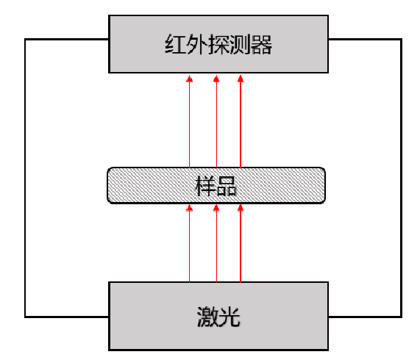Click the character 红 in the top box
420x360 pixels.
click(174, 46)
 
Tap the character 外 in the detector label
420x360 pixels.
click(196, 46)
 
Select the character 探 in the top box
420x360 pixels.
click(218, 46)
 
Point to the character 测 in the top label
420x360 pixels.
click(240, 46)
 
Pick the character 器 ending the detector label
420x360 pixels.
click(262, 46)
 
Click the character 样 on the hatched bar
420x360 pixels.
click(206, 186)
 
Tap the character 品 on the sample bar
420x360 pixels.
click(227, 186)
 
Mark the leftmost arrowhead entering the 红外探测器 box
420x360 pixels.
click(190, 77)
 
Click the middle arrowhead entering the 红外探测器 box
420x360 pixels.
click(216, 77)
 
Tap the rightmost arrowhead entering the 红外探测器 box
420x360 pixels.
click(241, 77)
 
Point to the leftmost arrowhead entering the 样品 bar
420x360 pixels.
click(190, 209)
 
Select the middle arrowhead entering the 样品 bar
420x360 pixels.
click(216, 209)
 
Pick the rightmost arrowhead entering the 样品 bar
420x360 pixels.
click(241, 209)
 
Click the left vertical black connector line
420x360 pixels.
click(26, 176)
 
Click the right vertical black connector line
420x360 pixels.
click(402, 176)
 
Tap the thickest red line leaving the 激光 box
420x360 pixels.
click(241, 250)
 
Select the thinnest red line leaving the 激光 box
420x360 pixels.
click(190, 250)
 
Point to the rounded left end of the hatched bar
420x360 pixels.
click(111, 186)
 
